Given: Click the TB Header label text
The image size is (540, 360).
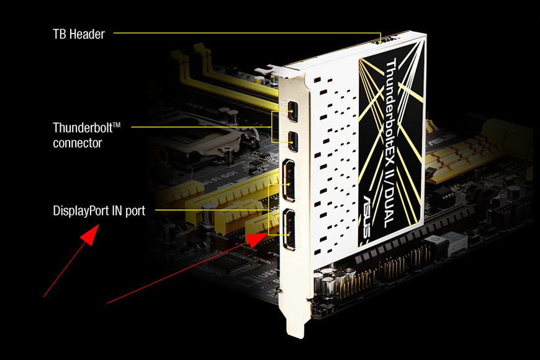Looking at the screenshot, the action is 79,34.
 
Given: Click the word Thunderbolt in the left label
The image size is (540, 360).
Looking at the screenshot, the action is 83,128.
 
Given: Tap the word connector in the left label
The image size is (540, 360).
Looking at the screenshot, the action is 78,143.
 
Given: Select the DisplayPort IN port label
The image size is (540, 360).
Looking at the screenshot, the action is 99,211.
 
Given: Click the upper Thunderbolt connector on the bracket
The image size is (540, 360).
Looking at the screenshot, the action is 292,111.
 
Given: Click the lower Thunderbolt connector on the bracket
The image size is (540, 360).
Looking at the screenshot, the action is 293,142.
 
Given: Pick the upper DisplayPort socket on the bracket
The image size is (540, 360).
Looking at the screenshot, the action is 289,180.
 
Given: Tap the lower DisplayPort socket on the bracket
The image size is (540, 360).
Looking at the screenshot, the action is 289,230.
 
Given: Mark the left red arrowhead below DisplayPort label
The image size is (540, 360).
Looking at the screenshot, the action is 90,235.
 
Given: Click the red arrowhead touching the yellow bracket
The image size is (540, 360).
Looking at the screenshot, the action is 256,240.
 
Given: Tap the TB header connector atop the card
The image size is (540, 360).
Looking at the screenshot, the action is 385,40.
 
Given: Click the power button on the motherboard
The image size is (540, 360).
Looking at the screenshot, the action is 435,241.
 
